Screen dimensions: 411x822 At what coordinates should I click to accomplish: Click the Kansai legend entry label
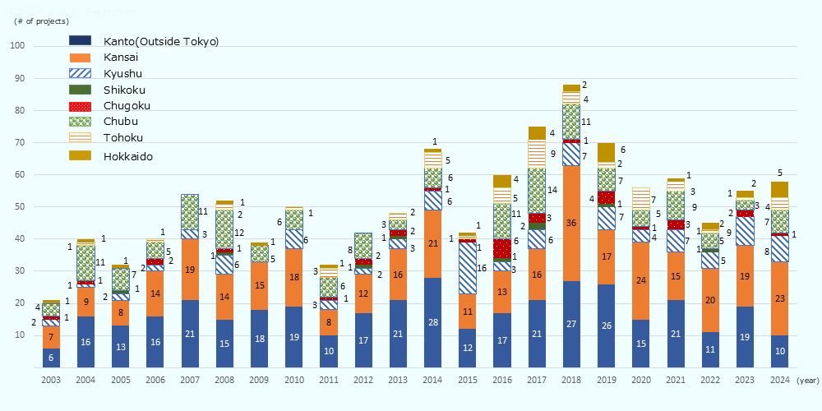pos(121,58)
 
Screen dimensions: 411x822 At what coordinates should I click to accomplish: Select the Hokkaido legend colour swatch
pos(81,155)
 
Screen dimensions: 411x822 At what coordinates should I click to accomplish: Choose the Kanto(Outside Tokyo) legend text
pos(161,41)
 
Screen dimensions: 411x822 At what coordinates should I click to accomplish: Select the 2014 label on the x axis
pos(433,381)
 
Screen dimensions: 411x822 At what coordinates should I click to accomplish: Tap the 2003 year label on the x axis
pos(51,381)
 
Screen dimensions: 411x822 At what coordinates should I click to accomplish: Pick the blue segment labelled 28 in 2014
pos(433,322)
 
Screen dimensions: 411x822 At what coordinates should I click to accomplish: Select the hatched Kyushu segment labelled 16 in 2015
pos(468,268)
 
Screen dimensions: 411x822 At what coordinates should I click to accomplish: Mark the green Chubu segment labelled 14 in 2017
pos(537,190)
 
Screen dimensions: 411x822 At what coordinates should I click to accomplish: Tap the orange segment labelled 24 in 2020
pos(641,280)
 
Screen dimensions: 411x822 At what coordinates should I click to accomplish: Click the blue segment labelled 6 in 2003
pos(51,358)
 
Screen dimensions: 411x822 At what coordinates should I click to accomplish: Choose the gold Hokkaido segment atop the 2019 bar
pos(607,152)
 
